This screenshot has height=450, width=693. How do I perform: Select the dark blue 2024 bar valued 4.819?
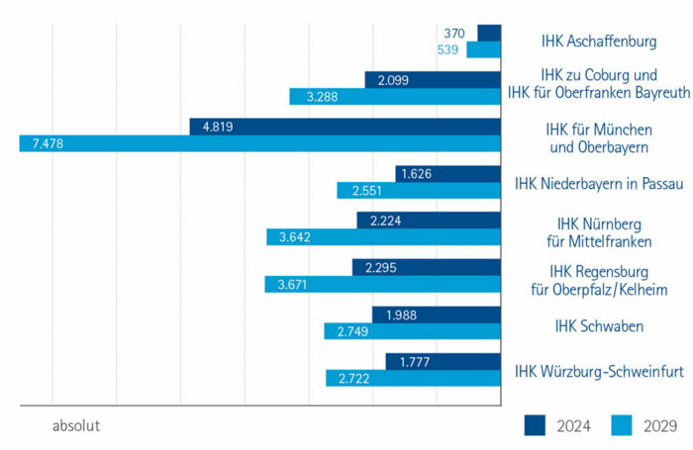pos(346,127)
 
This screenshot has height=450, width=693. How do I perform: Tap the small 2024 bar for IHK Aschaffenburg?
pos(489,33)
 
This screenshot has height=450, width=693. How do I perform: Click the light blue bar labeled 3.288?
pos(396,97)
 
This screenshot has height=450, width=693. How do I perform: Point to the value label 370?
pos(455,33)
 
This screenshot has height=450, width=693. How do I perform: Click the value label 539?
pos(448,49)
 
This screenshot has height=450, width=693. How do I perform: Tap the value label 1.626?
pos(415,173)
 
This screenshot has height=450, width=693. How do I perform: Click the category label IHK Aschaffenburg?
pos(600,42)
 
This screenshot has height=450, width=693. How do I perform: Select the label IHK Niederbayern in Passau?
pos(592,183)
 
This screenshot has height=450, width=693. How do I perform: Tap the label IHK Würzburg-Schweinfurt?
pos(592,371)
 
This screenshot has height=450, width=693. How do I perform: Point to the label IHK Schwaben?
pos(600,324)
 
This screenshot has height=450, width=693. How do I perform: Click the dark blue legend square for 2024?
pos(536,425)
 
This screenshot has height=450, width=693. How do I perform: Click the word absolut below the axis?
pos(76,427)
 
